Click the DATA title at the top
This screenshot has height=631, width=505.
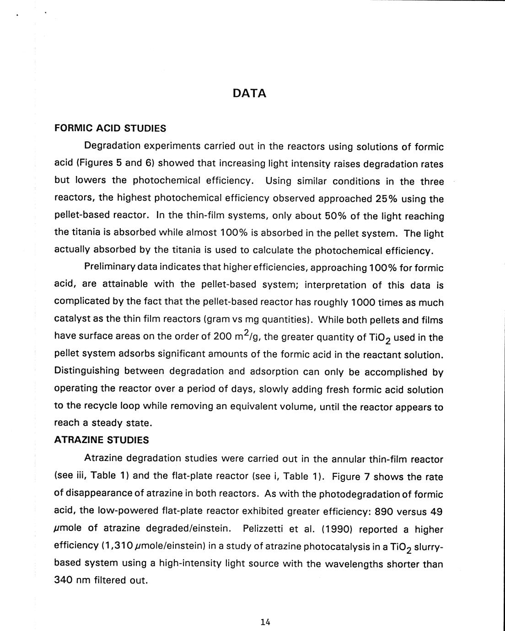pyautogui.click(x=249, y=93)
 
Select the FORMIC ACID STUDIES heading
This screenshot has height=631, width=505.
pyautogui.click(x=110, y=128)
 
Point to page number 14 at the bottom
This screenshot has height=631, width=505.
pyautogui.click(x=265, y=621)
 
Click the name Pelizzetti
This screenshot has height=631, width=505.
pyautogui.click(x=266, y=529)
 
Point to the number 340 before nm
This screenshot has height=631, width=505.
pyautogui.click(x=64, y=580)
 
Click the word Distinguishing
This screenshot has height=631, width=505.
pyautogui.click(x=86, y=371)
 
